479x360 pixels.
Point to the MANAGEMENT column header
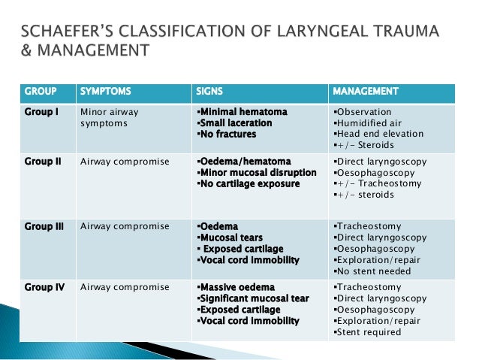pos(366,92)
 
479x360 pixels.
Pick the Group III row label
pos(44,225)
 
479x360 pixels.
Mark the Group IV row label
pos(44,287)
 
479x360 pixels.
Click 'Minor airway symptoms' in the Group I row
pos(109,118)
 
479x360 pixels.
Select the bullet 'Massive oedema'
pos(235,287)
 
